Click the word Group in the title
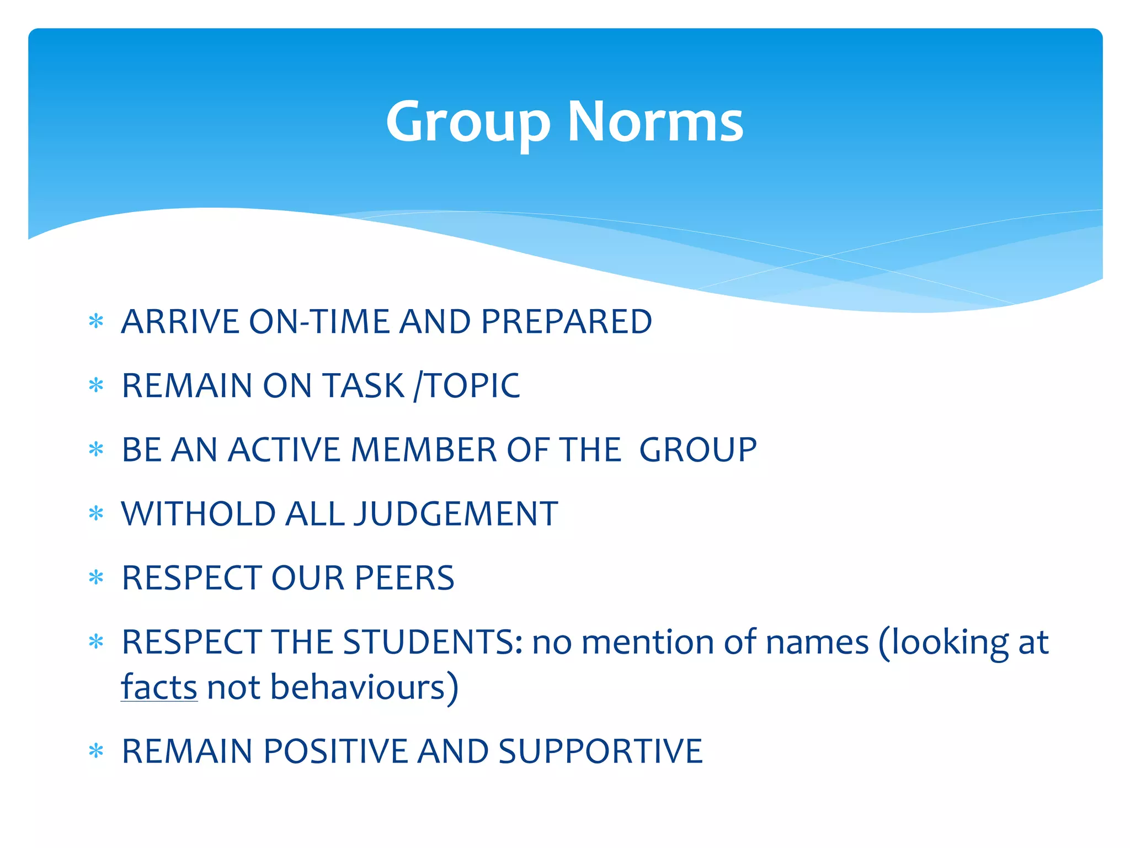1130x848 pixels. click(468, 123)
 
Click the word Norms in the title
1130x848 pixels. click(655, 123)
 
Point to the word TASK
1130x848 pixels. click(364, 385)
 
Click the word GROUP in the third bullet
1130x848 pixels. click(698, 449)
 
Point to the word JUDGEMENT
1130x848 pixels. click(456, 514)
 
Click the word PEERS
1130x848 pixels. click(404, 578)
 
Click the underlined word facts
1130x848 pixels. click(159, 687)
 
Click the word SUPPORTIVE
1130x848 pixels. click(600, 751)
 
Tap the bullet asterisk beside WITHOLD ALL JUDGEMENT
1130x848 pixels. click(96, 514)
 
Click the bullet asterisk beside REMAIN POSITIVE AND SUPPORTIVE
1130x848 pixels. click(96, 751)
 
